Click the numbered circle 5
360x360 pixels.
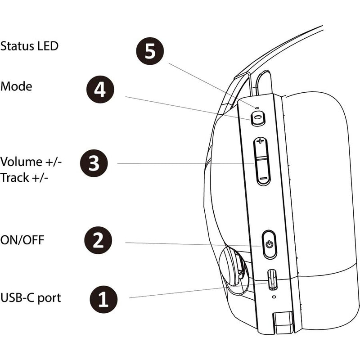150,51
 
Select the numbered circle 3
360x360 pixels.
94,163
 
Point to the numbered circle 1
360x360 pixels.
104,298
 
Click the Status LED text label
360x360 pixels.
29,46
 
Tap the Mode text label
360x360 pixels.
16,86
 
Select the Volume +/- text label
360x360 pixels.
31,162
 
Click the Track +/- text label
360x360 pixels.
25,177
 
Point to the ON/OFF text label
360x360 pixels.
22,240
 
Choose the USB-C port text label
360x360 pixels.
31,297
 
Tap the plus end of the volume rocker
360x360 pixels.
261,143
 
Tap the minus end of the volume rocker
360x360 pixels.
263,179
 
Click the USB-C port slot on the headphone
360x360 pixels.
271,280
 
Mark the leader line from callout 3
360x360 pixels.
180,163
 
